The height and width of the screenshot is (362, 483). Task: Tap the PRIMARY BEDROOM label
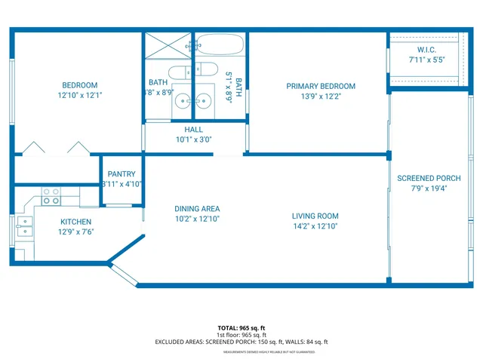coord(320,86)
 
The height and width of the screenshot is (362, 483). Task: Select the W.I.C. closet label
coord(426,50)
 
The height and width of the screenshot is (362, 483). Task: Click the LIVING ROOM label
coord(315,216)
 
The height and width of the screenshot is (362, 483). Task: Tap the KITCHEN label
coord(75,222)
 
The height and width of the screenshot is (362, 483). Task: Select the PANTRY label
coord(122,174)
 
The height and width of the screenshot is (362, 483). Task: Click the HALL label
coord(194,130)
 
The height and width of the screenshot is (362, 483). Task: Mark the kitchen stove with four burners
coord(51,196)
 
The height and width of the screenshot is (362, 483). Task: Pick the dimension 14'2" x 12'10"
coord(315,225)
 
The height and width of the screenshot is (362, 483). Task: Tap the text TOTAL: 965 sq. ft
coord(241,328)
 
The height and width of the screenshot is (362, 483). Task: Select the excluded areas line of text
coord(241,342)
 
